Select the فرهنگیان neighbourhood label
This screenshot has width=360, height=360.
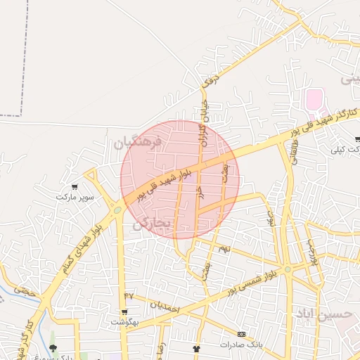click(138, 143)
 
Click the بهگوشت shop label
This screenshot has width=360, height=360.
click(124, 321)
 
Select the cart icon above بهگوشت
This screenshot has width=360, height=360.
click(124, 311)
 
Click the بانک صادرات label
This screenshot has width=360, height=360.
click(240, 345)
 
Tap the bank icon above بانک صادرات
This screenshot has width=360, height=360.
click(241, 334)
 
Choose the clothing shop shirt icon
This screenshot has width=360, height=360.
click(196, 348)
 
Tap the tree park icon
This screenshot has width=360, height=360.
click(53, 348)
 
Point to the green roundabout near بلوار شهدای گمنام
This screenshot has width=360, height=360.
click(117, 209)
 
